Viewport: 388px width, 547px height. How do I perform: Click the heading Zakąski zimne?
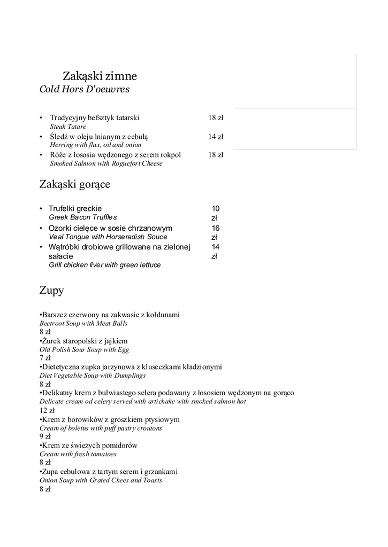point(100,76)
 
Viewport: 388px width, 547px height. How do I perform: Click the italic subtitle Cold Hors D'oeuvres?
point(85,89)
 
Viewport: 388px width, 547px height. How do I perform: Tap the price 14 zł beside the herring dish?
point(216,137)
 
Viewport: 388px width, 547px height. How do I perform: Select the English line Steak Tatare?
point(68,127)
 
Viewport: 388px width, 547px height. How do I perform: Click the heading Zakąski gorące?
point(75,185)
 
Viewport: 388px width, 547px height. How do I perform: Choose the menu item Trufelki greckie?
point(75,208)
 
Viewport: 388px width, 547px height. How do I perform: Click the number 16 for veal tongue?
point(216,228)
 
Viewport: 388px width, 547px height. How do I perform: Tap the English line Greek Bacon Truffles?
point(82,217)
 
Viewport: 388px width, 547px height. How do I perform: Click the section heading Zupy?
point(51,291)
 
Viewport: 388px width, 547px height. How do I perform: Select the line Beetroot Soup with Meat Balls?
point(83,323)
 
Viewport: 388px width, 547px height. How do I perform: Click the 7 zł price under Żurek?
point(45,358)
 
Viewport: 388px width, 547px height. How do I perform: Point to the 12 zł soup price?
point(47,410)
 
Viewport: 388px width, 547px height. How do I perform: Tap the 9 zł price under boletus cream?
point(45,436)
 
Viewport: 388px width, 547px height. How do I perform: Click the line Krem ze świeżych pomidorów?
point(89,446)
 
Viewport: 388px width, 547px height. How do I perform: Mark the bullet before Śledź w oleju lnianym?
point(41,137)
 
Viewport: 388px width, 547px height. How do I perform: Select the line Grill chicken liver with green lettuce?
point(104,265)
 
